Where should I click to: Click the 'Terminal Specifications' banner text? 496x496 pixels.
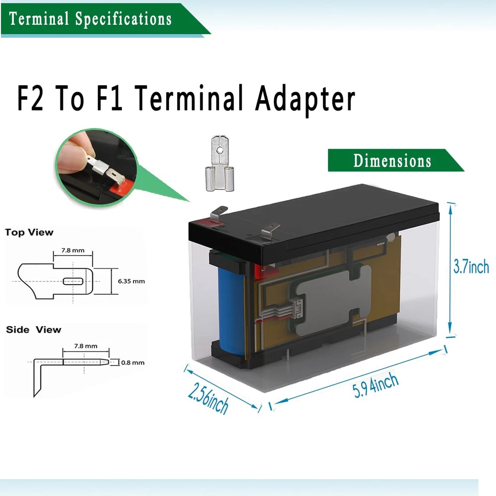(90, 19)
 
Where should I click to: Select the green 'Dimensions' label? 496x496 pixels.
(392, 161)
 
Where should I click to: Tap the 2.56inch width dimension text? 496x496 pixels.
(208, 398)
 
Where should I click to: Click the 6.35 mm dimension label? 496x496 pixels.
(131, 281)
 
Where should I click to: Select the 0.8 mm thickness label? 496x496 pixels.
(133, 363)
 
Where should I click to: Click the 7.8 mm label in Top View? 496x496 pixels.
(72, 250)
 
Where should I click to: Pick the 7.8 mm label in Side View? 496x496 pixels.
(85, 346)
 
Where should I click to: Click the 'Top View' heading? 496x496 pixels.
(29, 232)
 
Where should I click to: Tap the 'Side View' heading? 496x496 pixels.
(33, 329)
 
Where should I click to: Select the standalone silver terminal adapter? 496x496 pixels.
(220, 163)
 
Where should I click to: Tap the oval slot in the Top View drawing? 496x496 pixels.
(73, 281)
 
